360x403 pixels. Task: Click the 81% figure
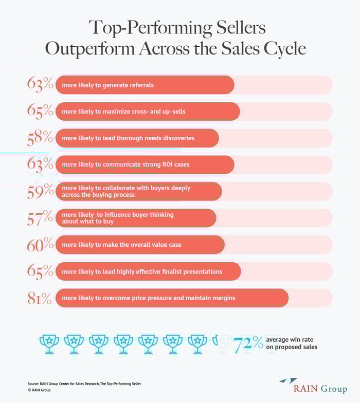pos(41,298)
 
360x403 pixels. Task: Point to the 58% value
pos(41,138)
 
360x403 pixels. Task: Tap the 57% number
pos(41,218)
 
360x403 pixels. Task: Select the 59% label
pos(41,191)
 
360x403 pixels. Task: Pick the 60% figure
pos(41,245)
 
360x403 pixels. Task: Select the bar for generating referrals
pos(145,84)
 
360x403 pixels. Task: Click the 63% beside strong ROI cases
pos(41,164)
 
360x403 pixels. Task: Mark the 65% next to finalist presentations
pos(41,271)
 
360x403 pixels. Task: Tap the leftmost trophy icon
pos(49,343)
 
